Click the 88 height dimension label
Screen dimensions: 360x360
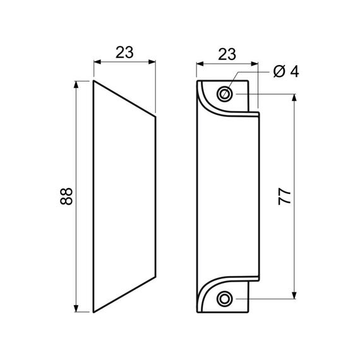(66, 196)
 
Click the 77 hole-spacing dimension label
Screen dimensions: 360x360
(285, 197)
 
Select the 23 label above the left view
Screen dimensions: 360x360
(124, 52)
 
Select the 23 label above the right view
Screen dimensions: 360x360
(227, 54)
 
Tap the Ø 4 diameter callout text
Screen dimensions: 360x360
(286, 71)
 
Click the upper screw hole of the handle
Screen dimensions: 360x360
(224, 93)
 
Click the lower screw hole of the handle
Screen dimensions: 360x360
(224, 299)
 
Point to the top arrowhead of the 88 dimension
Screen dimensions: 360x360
(76, 85)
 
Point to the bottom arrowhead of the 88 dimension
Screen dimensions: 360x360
(76, 308)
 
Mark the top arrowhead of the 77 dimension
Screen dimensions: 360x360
(294, 97)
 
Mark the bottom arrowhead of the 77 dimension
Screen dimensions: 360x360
(294, 295)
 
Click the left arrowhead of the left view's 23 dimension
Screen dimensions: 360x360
(97, 62)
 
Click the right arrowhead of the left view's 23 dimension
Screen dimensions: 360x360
(152, 62)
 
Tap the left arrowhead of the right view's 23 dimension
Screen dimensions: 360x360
(200, 64)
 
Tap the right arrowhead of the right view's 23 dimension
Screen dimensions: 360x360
(255, 64)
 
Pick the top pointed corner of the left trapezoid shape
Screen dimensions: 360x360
(93, 81)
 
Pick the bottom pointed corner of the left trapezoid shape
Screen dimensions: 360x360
(93, 312)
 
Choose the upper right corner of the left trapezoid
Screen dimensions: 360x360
(155, 117)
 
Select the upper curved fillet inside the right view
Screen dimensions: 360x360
(211, 107)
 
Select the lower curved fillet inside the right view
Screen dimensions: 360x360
(211, 285)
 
